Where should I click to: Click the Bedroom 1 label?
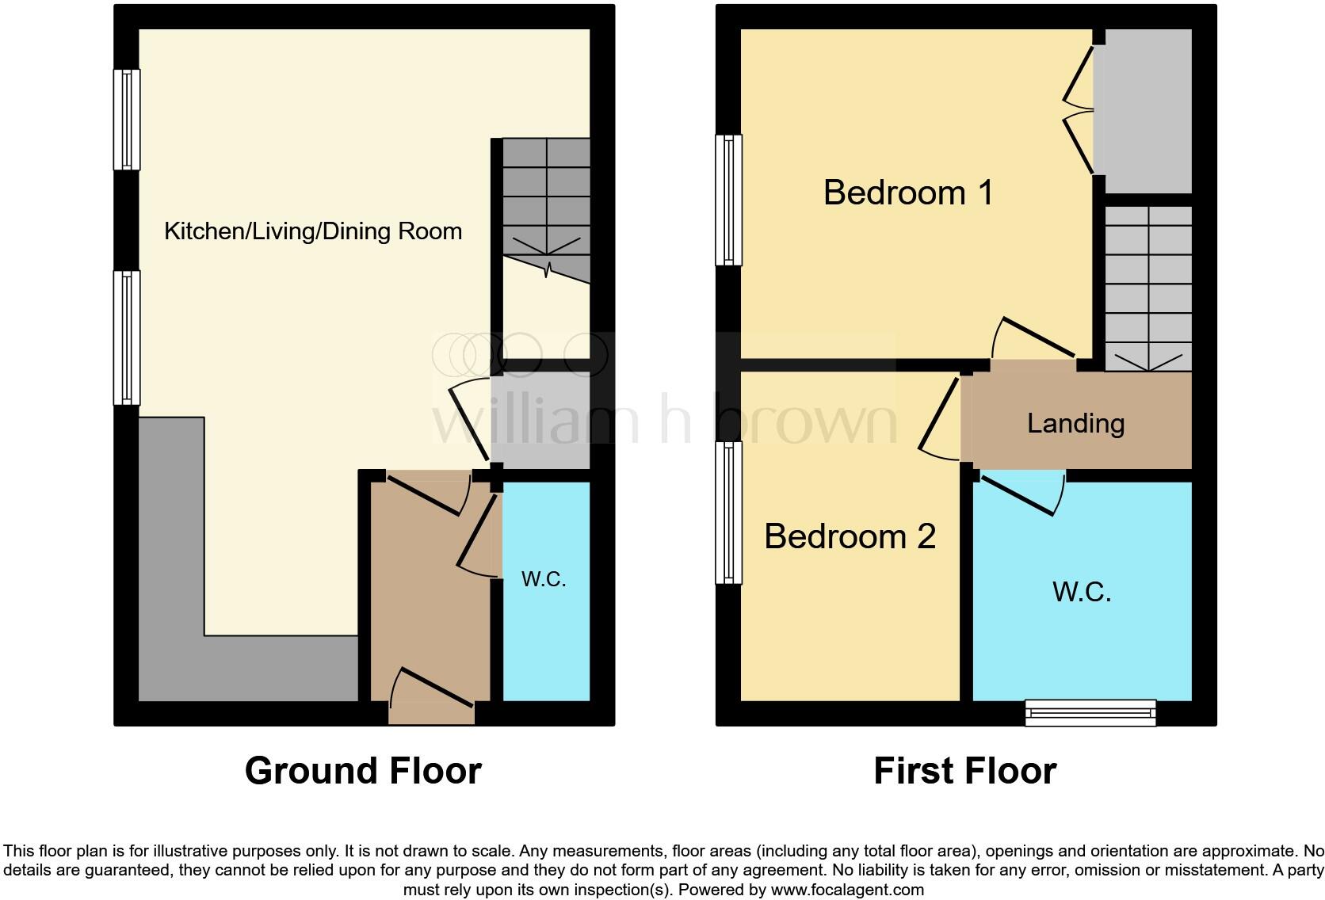pyautogui.click(x=908, y=193)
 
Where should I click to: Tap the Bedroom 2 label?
pyautogui.click(x=850, y=537)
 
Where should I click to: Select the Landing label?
pyautogui.click(x=1075, y=424)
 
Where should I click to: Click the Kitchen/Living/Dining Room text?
pyautogui.click(x=313, y=231)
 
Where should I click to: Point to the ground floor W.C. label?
pyautogui.click(x=544, y=579)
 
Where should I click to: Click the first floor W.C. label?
pyautogui.click(x=1082, y=592)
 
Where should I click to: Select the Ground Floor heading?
pyautogui.click(x=363, y=771)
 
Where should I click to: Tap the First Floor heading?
pyautogui.click(x=964, y=771)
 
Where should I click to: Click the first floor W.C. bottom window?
pyautogui.click(x=1090, y=713)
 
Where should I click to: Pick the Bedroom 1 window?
pyautogui.click(x=729, y=200)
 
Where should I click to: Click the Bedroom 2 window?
pyautogui.click(x=729, y=513)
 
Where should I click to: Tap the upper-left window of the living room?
pyautogui.click(x=127, y=120)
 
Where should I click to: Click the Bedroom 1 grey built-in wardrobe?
pyautogui.click(x=1146, y=111)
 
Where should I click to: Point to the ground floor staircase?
pyautogui.click(x=547, y=206)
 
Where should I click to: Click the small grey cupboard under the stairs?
pyautogui.click(x=541, y=420)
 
